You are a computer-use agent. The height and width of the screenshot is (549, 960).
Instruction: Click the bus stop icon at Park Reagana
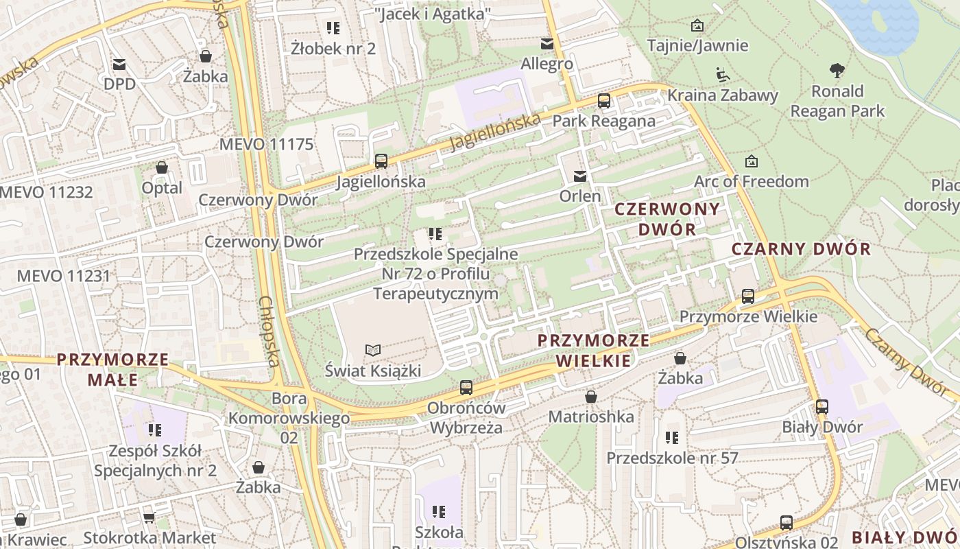[604, 101]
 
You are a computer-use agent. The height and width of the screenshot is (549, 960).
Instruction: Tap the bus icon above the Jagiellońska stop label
[381, 161]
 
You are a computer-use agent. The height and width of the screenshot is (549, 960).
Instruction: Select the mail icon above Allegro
[547, 44]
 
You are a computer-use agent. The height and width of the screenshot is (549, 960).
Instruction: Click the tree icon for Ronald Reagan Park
[837, 70]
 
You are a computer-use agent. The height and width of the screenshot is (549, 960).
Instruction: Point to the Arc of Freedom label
[752, 181]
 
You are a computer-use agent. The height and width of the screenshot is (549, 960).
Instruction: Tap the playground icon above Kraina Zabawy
[722, 74]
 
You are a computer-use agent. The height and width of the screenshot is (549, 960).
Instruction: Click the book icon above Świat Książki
[372, 351]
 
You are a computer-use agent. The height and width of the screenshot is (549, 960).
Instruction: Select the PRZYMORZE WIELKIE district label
[594, 350]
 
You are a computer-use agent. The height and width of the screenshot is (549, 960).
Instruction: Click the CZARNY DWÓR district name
[801, 249]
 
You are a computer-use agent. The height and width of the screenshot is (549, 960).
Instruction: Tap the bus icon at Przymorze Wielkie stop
[748, 296]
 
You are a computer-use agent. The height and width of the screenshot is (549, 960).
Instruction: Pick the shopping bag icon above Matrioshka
[591, 397]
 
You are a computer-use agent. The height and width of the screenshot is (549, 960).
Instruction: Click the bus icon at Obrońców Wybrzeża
[466, 388]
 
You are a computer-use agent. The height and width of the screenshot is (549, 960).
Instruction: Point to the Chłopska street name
[270, 340]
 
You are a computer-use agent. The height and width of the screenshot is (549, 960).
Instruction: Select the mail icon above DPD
[119, 65]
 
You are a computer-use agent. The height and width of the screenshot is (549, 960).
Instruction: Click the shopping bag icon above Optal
[162, 167]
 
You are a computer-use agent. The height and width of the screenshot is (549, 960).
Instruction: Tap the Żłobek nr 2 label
[333, 48]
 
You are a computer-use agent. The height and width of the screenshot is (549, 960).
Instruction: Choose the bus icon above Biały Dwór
[822, 407]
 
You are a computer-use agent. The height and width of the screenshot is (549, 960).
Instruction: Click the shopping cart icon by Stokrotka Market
[149, 518]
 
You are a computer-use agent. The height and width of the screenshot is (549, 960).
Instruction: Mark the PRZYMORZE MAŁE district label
[112, 369]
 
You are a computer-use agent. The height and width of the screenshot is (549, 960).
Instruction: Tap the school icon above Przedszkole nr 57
[672, 437]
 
